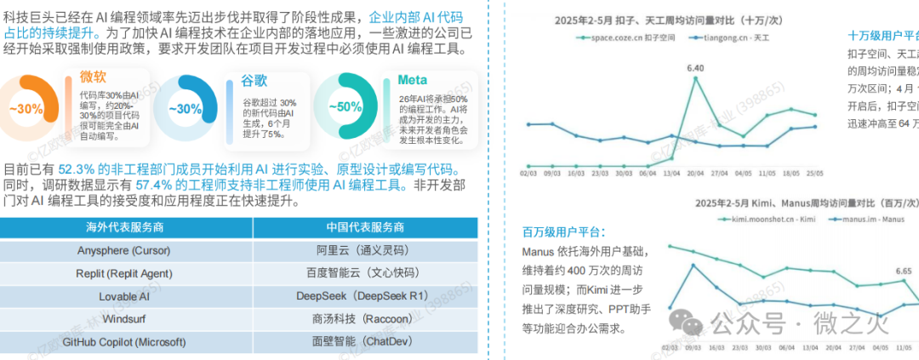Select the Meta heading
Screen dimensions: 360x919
tap(413, 81)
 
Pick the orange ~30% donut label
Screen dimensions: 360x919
tap(26, 108)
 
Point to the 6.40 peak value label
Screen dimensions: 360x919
tap(695, 67)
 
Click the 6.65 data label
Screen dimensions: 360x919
tap(903, 271)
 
